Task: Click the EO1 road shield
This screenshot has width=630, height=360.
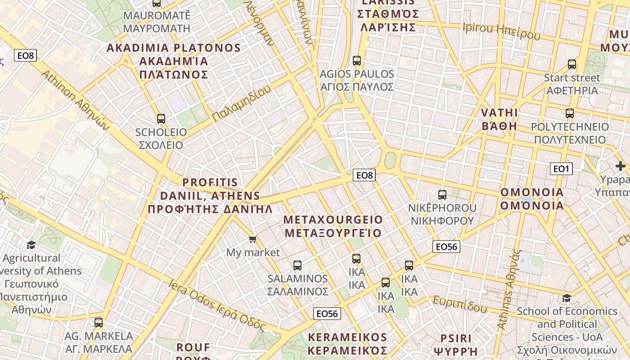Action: coord(561,169)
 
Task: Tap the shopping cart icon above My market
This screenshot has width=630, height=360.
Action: coord(253,239)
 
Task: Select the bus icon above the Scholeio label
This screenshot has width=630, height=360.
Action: coord(161,119)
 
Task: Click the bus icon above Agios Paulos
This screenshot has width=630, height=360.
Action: coord(357,60)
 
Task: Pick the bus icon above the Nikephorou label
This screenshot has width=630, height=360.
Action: coord(442,195)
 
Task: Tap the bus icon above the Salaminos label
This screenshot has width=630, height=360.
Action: coord(297,265)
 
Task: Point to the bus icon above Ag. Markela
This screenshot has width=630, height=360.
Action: coord(99,322)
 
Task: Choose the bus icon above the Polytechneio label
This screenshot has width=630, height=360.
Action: coord(570,113)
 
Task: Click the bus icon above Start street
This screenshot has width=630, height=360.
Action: coord(572,64)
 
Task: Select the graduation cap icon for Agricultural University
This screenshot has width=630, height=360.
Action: coord(31,245)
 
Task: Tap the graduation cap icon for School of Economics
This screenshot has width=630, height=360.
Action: coord(567,298)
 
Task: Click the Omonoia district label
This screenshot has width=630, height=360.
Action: coord(532,199)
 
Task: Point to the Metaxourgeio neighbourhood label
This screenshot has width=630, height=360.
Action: coord(333,226)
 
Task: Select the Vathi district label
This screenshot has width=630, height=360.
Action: coord(499,119)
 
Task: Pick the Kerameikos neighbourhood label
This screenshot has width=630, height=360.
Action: coord(347,344)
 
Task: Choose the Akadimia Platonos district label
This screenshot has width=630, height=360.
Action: coord(174,61)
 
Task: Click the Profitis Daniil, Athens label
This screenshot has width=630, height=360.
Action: coord(210,196)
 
